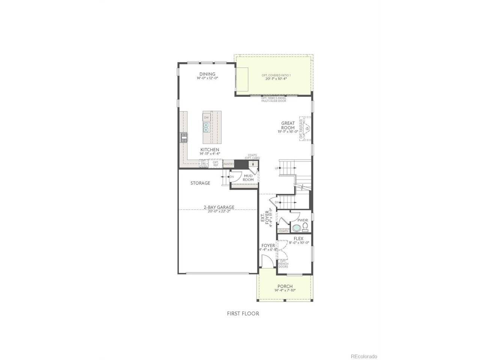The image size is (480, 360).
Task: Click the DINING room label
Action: pyautogui.click(x=207, y=74)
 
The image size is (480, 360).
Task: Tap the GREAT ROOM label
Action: pyautogui.click(x=288, y=125)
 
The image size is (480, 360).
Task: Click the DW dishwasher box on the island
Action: pyautogui.click(x=206, y=118)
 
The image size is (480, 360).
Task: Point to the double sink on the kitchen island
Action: pyautogui.click(x=206, y=129)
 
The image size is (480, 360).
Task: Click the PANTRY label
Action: pyautogui.click(x=228, y=164)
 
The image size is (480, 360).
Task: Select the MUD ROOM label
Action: pyautogui.click(x=248, y=177)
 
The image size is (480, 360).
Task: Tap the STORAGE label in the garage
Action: pyautogui.click(x=200, y=183)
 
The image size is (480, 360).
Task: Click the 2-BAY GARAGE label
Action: pyautogui.click(x=219, y=207)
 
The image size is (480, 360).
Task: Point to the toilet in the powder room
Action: pyautogui.click(x=305, y=226)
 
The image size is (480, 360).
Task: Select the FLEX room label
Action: pyautogui.click(x=298, y=238)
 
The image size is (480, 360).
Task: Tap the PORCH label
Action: pyautogui.click(x=285, y=286)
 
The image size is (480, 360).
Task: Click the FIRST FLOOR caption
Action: pyautogui.click(x=243, y=313)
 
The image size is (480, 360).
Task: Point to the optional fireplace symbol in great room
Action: pyautogui.click(x=306, y=128)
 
